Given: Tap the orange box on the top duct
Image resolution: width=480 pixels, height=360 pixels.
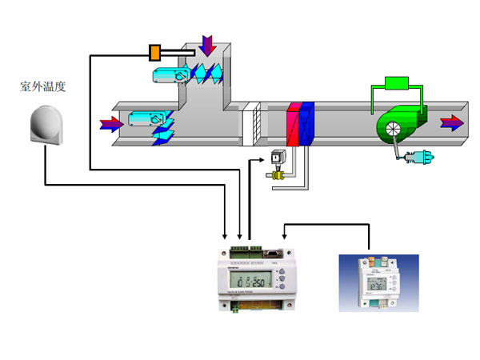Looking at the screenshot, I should point(155,54).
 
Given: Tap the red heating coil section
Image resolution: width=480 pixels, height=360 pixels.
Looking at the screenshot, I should point(293,125).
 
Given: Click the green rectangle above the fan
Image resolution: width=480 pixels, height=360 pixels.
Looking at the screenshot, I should point(397,83).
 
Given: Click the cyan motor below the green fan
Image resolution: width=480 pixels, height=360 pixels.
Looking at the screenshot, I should point(414,158).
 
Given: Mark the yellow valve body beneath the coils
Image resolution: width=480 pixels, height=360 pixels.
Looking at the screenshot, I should point(277,174).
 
